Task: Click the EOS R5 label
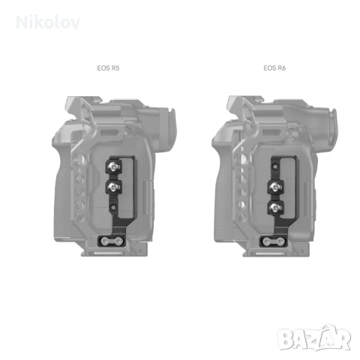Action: (109, 67)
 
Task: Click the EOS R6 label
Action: (274, 67)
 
